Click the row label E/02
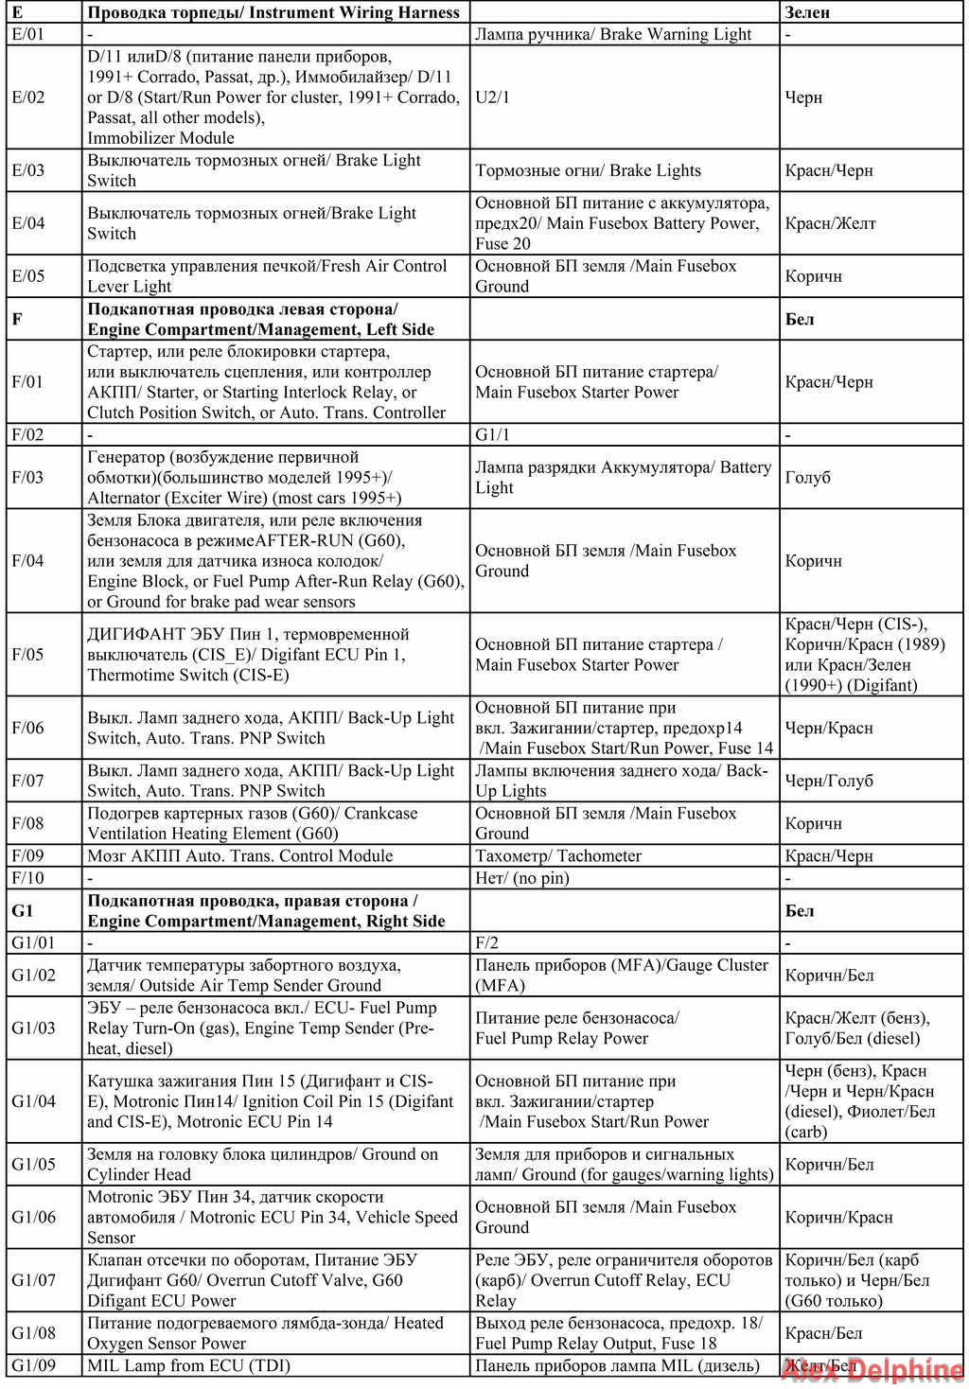click(28, 97)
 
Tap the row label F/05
click(28, 655)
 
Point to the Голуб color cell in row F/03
click(807, 478)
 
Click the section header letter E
click(17, 13)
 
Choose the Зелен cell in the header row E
click(807, 13)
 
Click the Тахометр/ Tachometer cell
click(558, 856)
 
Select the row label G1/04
click(34, 1101)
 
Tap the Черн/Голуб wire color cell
click(829, 782)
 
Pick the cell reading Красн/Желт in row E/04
click(830, 223)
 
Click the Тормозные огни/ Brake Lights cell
click(588, 171)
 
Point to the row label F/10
click(28, 878)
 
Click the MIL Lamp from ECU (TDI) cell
click(188, 1365)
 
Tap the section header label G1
click(23, 911)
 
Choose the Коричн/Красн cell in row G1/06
click(838, 1218)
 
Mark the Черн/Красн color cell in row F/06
click(829, 729)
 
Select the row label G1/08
click(34, 1333)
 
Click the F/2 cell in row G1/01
click(486, 943)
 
